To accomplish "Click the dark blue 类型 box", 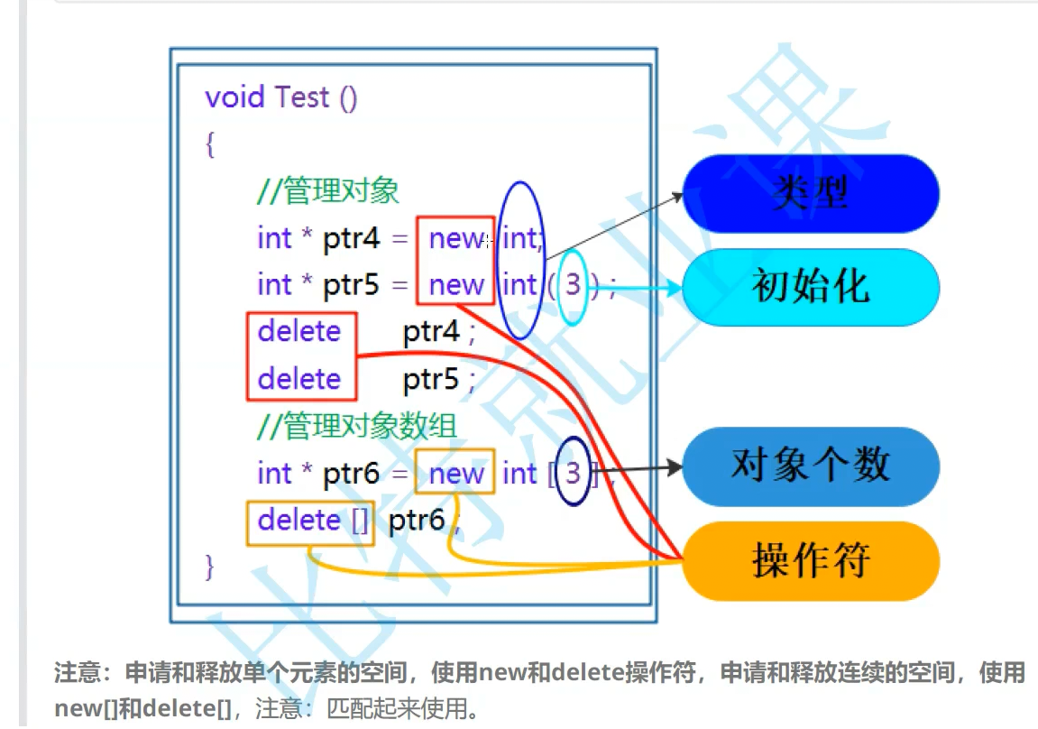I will tap(811, 194).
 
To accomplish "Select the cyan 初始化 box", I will tap(811, 287).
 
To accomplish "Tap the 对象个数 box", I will tap(811, 466).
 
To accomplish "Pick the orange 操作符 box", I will tap(811, 560).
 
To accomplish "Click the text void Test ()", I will tap(281, 97).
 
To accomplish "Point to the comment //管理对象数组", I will tap(357, 426).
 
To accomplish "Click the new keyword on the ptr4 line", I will tap(456, 238).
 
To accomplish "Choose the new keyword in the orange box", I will tap(456, 473).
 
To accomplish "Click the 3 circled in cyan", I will tap(573, 285).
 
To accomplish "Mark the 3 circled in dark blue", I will tap(573, 472).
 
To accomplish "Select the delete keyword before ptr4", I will tap(299, 331).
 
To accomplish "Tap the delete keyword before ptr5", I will tap(299, 379).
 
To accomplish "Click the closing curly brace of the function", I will tap(210, 566).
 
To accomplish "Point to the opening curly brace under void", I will tap(210, 144).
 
